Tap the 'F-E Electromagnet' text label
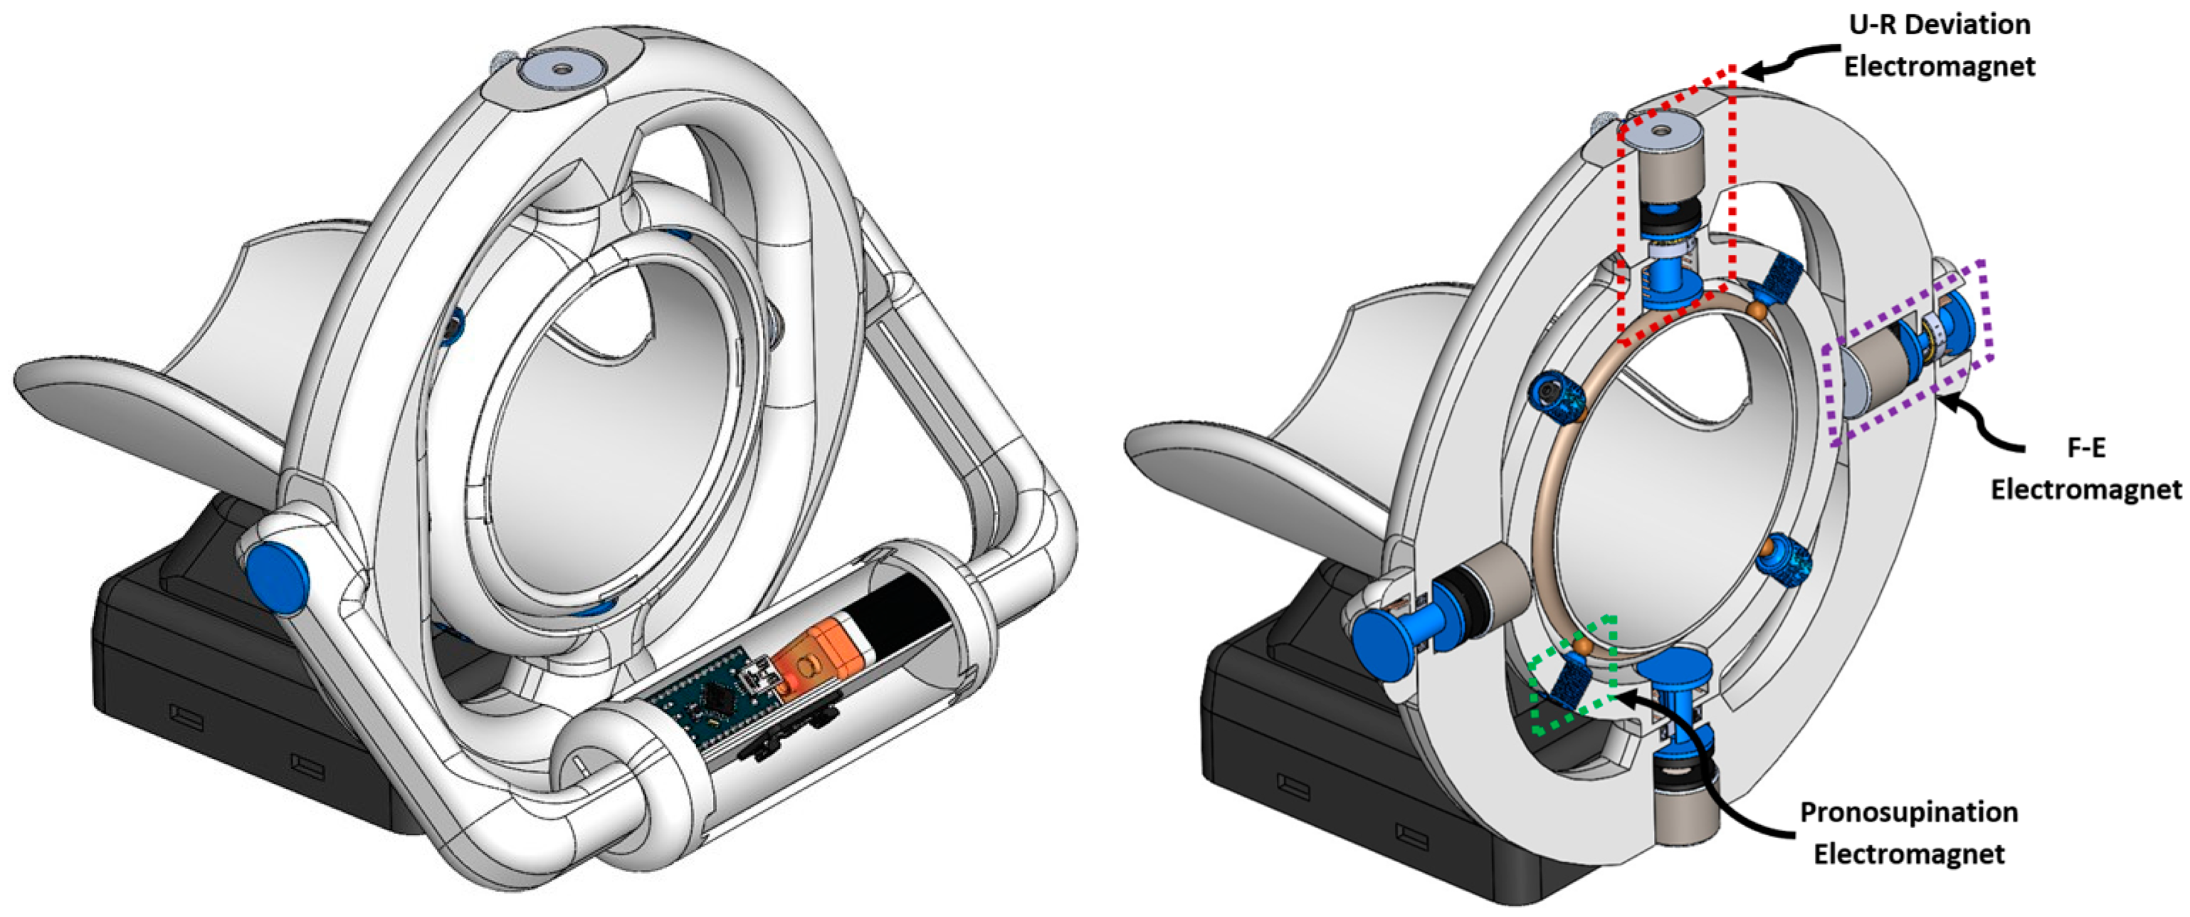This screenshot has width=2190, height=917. coord(2085,468)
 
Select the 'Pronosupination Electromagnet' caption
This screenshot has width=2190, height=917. coord(1909,833)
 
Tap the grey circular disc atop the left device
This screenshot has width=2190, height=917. coord(561,68)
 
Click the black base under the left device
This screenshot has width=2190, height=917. coord(213,706)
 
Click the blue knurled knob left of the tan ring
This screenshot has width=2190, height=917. coord(1556,397)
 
